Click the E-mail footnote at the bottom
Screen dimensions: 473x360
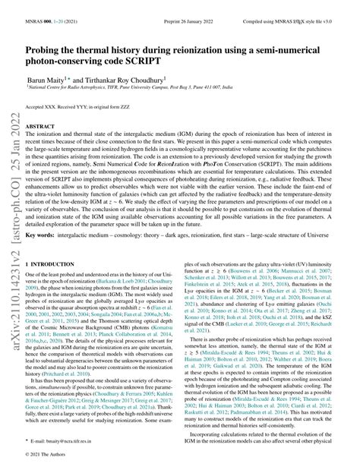click(76, 438)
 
